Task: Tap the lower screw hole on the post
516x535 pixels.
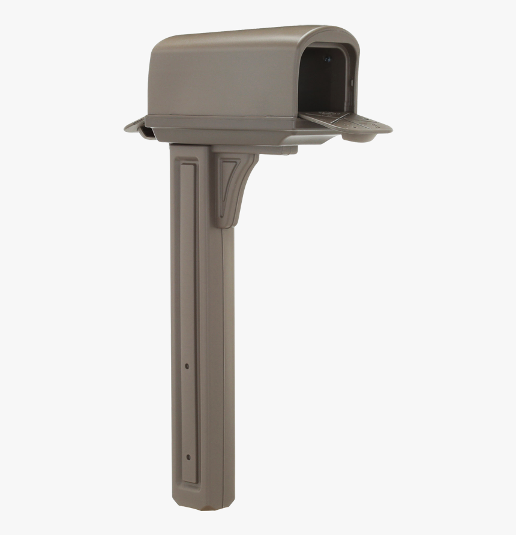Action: (188, 458)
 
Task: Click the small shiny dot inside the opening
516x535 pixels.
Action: (327, 59)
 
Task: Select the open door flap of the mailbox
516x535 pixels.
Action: (354, 124)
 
